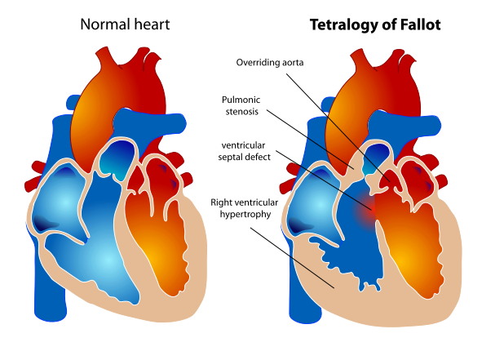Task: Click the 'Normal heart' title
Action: coord(125,24)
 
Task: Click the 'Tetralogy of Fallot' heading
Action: coord(374,24)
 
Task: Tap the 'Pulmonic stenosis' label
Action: coord(242,105)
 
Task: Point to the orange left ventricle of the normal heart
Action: coord(159,245)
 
